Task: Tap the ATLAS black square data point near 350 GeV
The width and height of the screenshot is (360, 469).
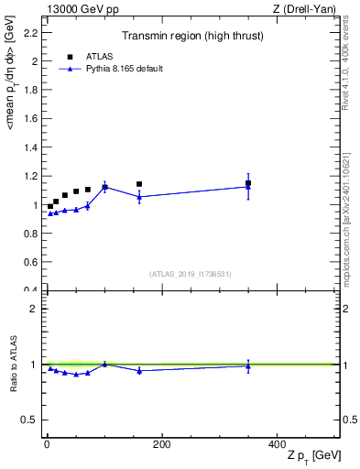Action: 248,183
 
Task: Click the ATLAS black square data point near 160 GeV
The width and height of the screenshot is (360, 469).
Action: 139,184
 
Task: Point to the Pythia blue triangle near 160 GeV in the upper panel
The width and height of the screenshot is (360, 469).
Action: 139,197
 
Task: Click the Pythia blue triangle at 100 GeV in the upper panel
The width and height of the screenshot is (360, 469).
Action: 105,187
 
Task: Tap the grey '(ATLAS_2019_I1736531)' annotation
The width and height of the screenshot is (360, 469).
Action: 191,274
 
